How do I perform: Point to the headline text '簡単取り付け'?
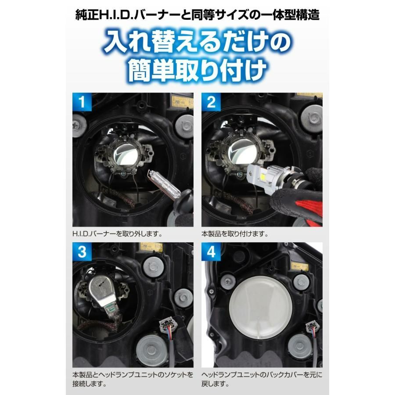(197, 69)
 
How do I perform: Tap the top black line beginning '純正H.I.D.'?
(197, 14)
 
